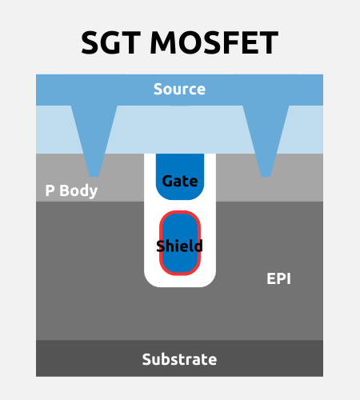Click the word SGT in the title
[110, 42]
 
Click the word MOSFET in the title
[214, 42]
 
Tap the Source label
[179, 89]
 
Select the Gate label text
[180, 182]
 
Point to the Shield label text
[179, 246]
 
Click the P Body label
[71, 191]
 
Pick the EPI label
[278, 279]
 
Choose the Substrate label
[179, 359]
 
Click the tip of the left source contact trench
[94, 176]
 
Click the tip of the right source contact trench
[266, 176]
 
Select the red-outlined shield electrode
[180, 243]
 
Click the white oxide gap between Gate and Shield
[180, 206]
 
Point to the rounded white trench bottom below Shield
[180, 282]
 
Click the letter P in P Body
[50, 190]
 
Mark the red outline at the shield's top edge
[180, 212]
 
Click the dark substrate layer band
[179, 358]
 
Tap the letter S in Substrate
[147, 359]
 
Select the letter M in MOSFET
[164, 42]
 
